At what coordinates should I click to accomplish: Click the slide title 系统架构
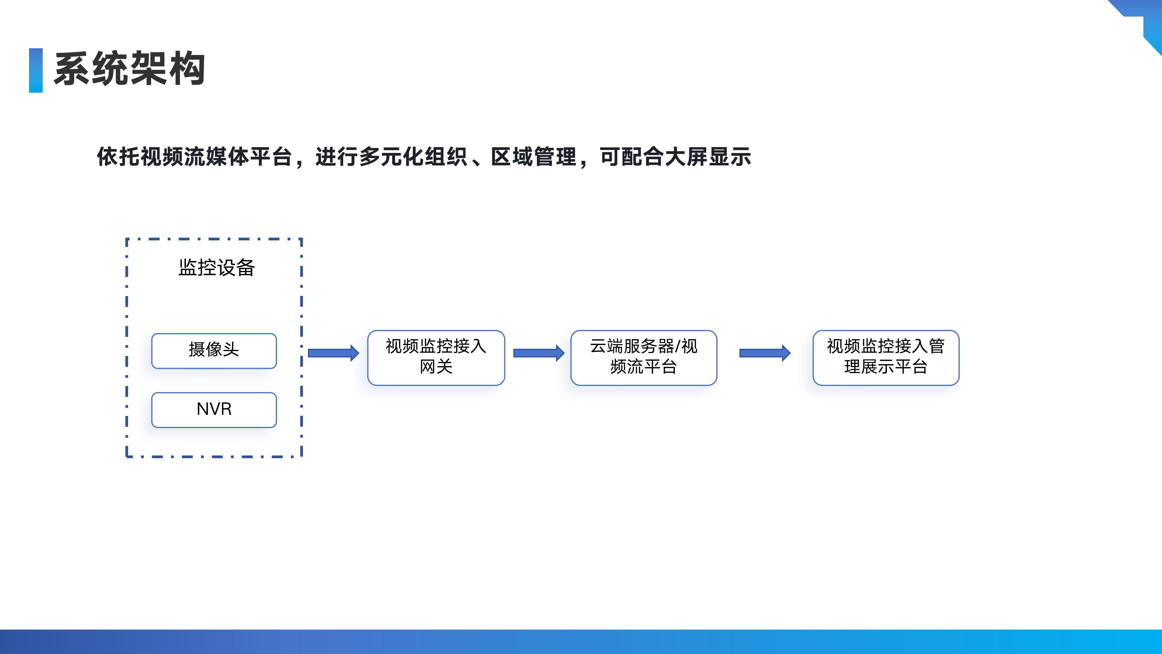tap(130, 69)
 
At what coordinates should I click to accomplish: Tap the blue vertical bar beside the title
tap(36, 70)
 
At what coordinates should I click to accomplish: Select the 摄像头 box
tap(214, 351)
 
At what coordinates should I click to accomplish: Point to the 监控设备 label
tap(216, 267)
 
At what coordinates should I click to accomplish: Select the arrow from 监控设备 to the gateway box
tap(333, 353)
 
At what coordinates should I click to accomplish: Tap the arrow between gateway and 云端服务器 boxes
tap(539, 353)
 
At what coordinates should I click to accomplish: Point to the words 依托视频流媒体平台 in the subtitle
tap(194, 157)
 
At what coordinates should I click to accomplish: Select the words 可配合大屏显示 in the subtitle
tap(675, 157)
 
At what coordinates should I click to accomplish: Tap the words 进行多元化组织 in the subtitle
tap(391, 157)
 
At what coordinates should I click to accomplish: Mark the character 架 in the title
tap(149, 69)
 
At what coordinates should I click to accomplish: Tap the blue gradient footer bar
tap(581, 642)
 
